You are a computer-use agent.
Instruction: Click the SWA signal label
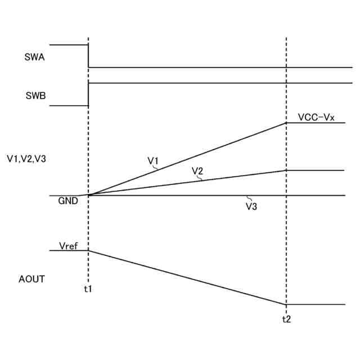[x=35, y=57]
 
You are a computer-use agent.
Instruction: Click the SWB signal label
[x=35, y=95]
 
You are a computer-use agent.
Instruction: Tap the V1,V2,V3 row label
[x=26, y=159]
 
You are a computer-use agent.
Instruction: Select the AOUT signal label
[x=31, y=278]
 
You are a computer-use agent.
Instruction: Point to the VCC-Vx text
[x=316, y=118]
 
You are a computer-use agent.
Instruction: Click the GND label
[x=68, y=200]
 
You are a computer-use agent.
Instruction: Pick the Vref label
[x=69, y=245]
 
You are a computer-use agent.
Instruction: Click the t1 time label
[x=88, y=289]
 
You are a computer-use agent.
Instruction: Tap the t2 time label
[x=286, y=318]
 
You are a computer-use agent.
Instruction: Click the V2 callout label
[x=197, y=170]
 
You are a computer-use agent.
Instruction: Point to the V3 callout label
[x=251, y=206]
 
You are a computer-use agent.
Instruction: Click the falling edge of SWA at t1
[x=88, y=56]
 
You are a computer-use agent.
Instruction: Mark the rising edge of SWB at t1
[x=88, y=94]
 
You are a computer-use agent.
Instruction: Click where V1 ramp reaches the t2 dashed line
[x=286, y=123]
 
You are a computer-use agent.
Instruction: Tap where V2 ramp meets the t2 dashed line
[x=286, y=170]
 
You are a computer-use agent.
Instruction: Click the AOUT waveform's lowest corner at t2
[x=286, y=304]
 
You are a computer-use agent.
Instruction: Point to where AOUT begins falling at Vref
[x=88, y=250]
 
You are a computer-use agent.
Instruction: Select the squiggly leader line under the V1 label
[x=156, y=168]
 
